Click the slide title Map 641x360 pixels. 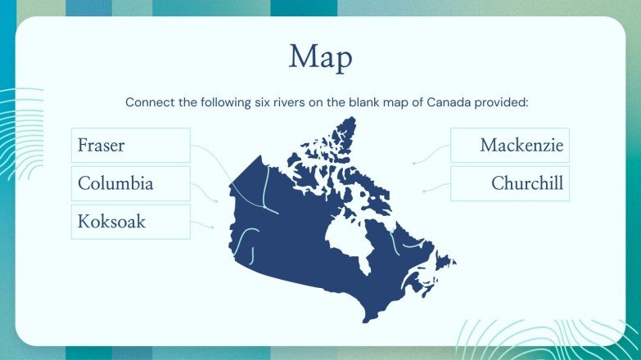pyautogui.click(x=321, y=57)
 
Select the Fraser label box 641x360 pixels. pyautogui.click(x=131, y=146)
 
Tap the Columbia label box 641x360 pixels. pyautogui.click(x=131, y=183)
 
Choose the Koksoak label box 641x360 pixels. pyautogui.click(x=131, y=222)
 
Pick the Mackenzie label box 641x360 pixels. pyautogui.click(x=509, y=146)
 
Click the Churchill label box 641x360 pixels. pyautogui.click(x=509, y=183)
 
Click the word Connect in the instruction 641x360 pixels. pyautogui.click(x=148, y=103)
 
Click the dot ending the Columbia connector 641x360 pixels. pyautogui.click(x=216, y=200)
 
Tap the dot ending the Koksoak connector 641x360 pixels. pyautogui.click(x=213, y=227)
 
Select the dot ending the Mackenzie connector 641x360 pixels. pyautogui.click(x=414, y=163)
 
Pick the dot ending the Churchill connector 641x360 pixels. pyautogui.click(x=423, y=191)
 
